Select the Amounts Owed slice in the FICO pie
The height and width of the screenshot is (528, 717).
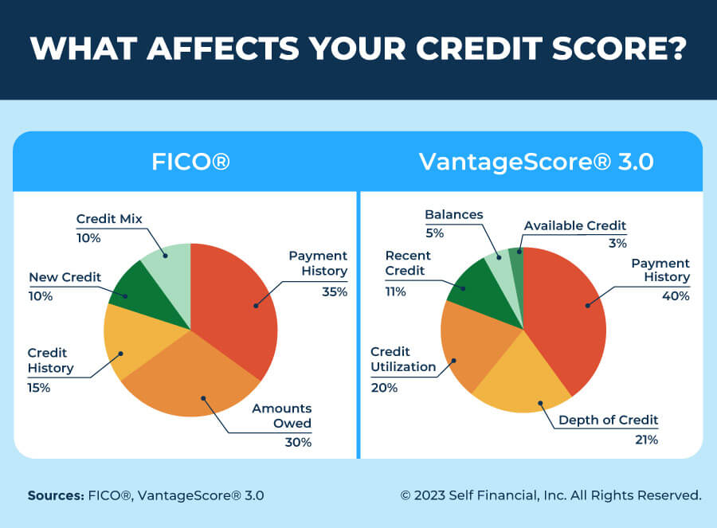click(195, 382)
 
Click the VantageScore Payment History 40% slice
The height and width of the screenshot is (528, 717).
click(570, 315)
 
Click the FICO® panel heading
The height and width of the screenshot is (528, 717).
click(190, 162)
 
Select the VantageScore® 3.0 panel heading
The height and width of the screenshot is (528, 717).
click(536, 162)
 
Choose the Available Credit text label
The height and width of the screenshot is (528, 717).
click(575, 225)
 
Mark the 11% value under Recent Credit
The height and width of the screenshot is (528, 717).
click(396, 291)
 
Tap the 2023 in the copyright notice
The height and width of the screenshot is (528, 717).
click(430, 495)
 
